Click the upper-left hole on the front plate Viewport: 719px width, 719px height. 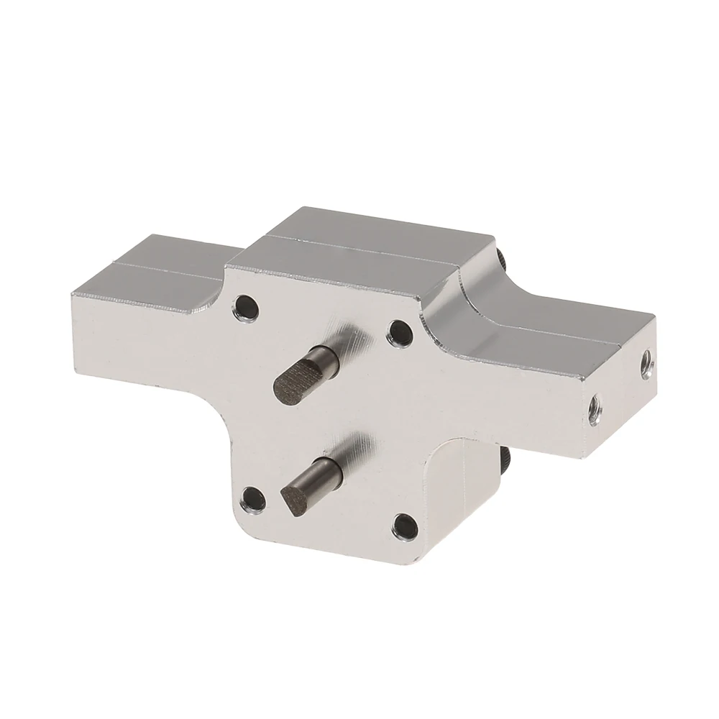[x=246, y=306]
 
